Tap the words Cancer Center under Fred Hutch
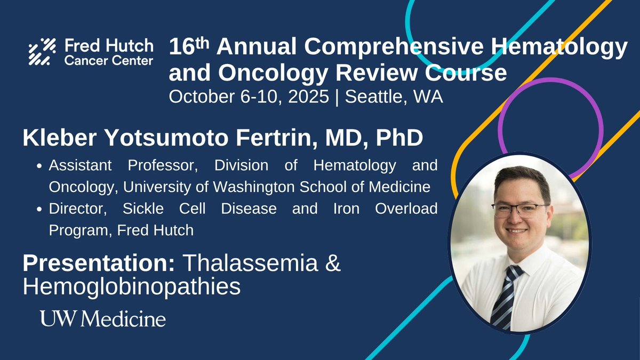click(x=108, y=61)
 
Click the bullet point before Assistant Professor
click(x=41, y=166)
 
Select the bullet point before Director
click(x=41, y=209)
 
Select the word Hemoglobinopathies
click(x=131, y=286)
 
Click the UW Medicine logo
click(x=103, y=319)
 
